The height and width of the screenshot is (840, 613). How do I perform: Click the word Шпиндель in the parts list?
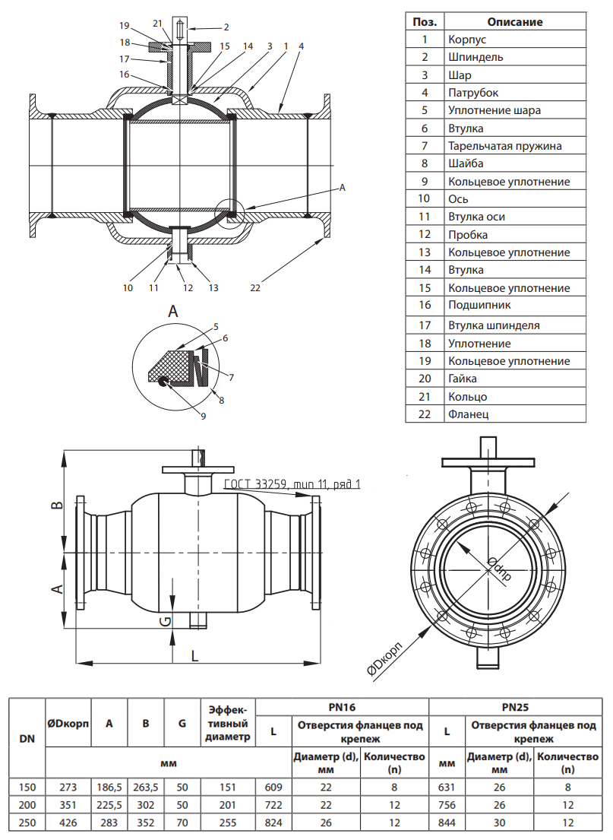[475, 57]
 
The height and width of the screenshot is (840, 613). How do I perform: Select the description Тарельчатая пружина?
[504, 146]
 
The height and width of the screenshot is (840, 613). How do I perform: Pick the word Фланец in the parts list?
[468, 414]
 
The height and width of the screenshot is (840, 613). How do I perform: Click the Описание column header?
[514, 22]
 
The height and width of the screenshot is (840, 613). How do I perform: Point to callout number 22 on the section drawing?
[255, 287]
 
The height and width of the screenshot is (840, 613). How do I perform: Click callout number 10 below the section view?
[127, 287]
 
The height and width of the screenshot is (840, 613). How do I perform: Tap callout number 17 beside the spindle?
[125, 59]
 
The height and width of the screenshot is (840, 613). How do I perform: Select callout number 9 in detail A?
[203, 415]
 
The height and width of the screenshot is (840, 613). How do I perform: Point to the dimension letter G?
[164, 622]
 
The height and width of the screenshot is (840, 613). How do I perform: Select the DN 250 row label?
[27, 823]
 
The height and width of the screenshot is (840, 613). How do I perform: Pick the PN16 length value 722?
[273, 805]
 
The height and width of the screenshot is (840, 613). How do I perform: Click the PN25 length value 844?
[447, 823]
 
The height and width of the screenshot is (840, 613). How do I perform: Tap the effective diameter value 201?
[228, 805]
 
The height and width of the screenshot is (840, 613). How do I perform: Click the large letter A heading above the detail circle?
[173, 312]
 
